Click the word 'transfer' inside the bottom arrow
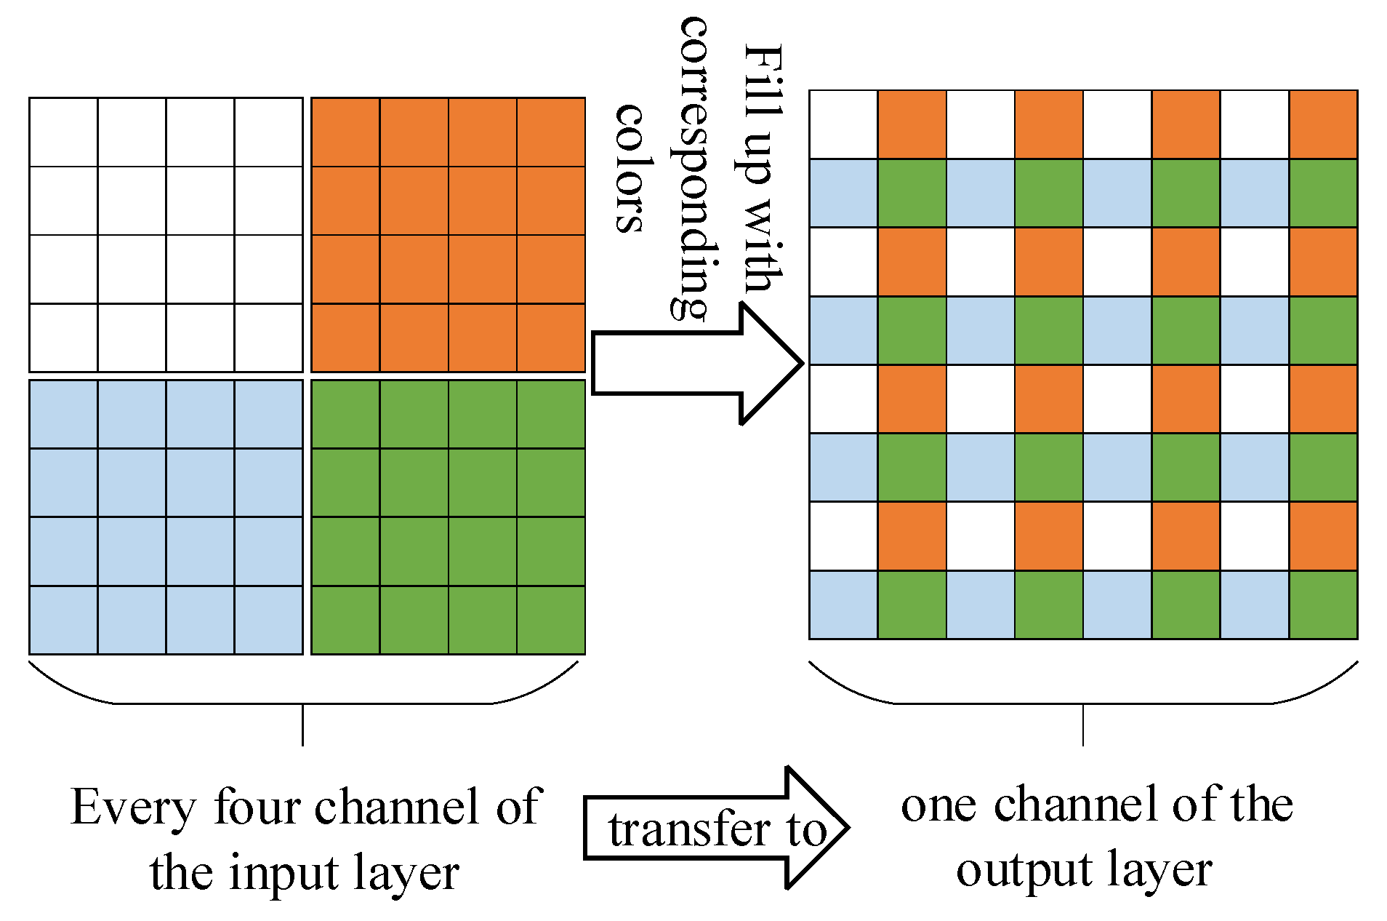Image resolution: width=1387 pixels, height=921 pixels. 689,829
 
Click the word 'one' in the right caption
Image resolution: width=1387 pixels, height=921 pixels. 938,806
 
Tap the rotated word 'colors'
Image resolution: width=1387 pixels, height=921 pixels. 630,168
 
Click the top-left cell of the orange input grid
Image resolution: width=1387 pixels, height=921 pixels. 345,132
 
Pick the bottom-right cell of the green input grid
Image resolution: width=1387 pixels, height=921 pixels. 550,620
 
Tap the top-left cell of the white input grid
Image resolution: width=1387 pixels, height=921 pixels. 64,132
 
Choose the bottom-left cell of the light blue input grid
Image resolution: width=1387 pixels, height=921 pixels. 64,620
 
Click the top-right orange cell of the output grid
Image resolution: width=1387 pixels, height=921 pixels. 1323,124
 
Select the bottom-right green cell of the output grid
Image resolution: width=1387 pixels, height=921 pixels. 1323,605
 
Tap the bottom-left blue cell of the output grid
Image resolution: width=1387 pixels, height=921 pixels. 843,605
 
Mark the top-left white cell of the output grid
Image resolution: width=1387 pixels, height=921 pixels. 843,124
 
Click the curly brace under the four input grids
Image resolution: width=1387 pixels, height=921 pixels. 302,702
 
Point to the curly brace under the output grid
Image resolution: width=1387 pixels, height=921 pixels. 1083,702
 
